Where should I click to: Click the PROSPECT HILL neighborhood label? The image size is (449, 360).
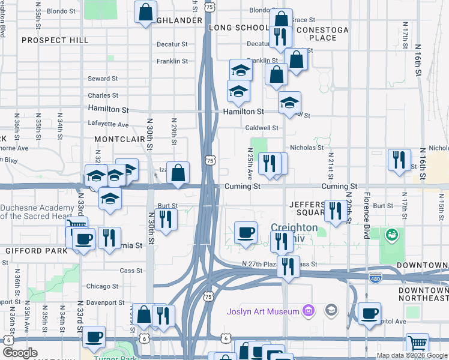pos(55,40)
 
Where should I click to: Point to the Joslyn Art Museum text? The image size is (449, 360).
pos(263,311)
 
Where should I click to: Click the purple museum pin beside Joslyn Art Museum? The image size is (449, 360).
pos(309,311)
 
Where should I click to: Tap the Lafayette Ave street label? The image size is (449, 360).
pos(108,125)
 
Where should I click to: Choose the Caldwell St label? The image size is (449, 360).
pos(262,128)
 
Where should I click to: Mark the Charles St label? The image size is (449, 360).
pos(103,95)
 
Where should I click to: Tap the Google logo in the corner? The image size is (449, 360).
pos(20,353)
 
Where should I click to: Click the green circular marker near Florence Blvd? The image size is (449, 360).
pos(393,234)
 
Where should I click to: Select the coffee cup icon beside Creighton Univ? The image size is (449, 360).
pos(245,232)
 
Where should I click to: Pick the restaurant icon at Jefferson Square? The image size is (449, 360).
pos(336,211)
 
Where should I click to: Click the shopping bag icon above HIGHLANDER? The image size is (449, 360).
pos(146,11)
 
